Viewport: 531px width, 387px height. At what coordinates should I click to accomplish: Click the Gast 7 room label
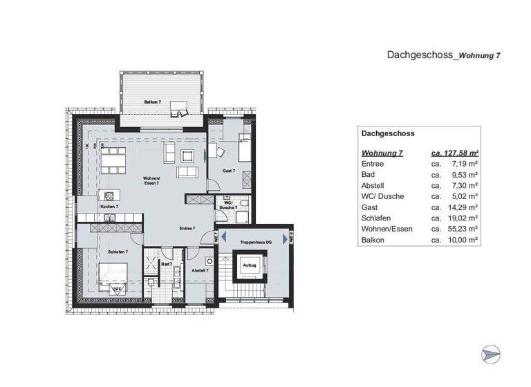(228, 171)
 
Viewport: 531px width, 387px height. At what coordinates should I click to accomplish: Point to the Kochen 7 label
(109, 207)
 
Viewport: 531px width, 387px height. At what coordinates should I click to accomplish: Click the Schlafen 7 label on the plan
(118, 252)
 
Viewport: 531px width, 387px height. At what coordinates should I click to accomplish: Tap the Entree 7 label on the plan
(187, 228)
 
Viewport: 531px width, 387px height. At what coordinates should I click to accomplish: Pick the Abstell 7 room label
(199, 270)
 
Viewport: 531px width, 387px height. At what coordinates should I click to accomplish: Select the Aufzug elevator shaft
(249, 266)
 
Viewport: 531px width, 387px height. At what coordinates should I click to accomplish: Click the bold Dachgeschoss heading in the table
(387, 134)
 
